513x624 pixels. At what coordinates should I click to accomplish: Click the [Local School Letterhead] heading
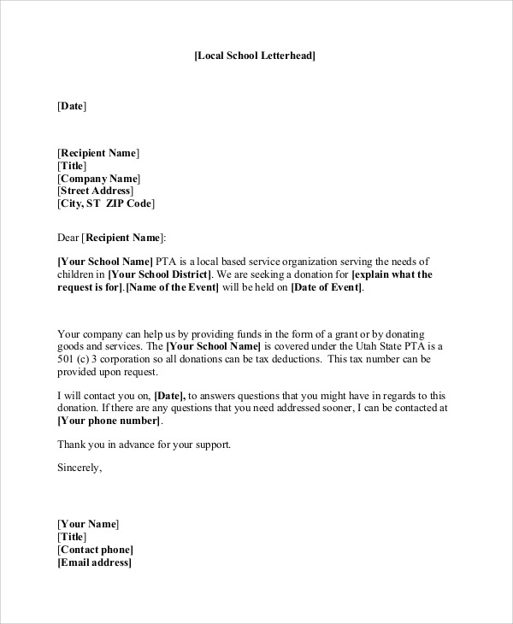click(256, 56)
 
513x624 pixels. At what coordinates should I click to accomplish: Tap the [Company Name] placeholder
click(97, 179)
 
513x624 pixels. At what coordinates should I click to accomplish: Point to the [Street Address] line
click(96, 191)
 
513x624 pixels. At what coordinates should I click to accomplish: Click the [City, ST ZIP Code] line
click(106, 204)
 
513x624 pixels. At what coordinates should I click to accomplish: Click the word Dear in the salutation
click(68, 237)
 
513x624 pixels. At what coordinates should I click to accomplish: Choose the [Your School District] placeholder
click(161, 274)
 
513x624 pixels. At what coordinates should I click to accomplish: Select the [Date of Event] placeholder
click(327, 287)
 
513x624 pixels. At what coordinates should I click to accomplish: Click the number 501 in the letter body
click(66, 359)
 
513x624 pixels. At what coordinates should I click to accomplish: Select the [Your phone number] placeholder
click(109, 421)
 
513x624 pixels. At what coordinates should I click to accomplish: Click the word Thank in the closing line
click(71, 444)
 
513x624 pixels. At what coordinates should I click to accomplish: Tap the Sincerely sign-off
click(80, 468)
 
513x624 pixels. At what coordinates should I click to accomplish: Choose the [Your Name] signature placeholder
click(88, 523)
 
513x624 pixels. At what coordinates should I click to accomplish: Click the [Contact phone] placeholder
click(95, 550)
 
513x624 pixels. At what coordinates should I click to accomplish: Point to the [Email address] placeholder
click(95, 562)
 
